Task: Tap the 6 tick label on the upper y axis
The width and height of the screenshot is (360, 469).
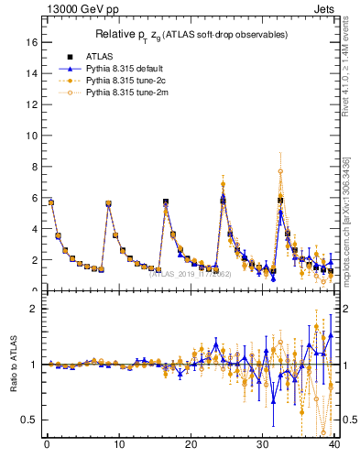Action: pyautogui.click(x=33, y=198)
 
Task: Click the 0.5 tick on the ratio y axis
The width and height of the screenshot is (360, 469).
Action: pyautogui.click(x=28, y=420)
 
